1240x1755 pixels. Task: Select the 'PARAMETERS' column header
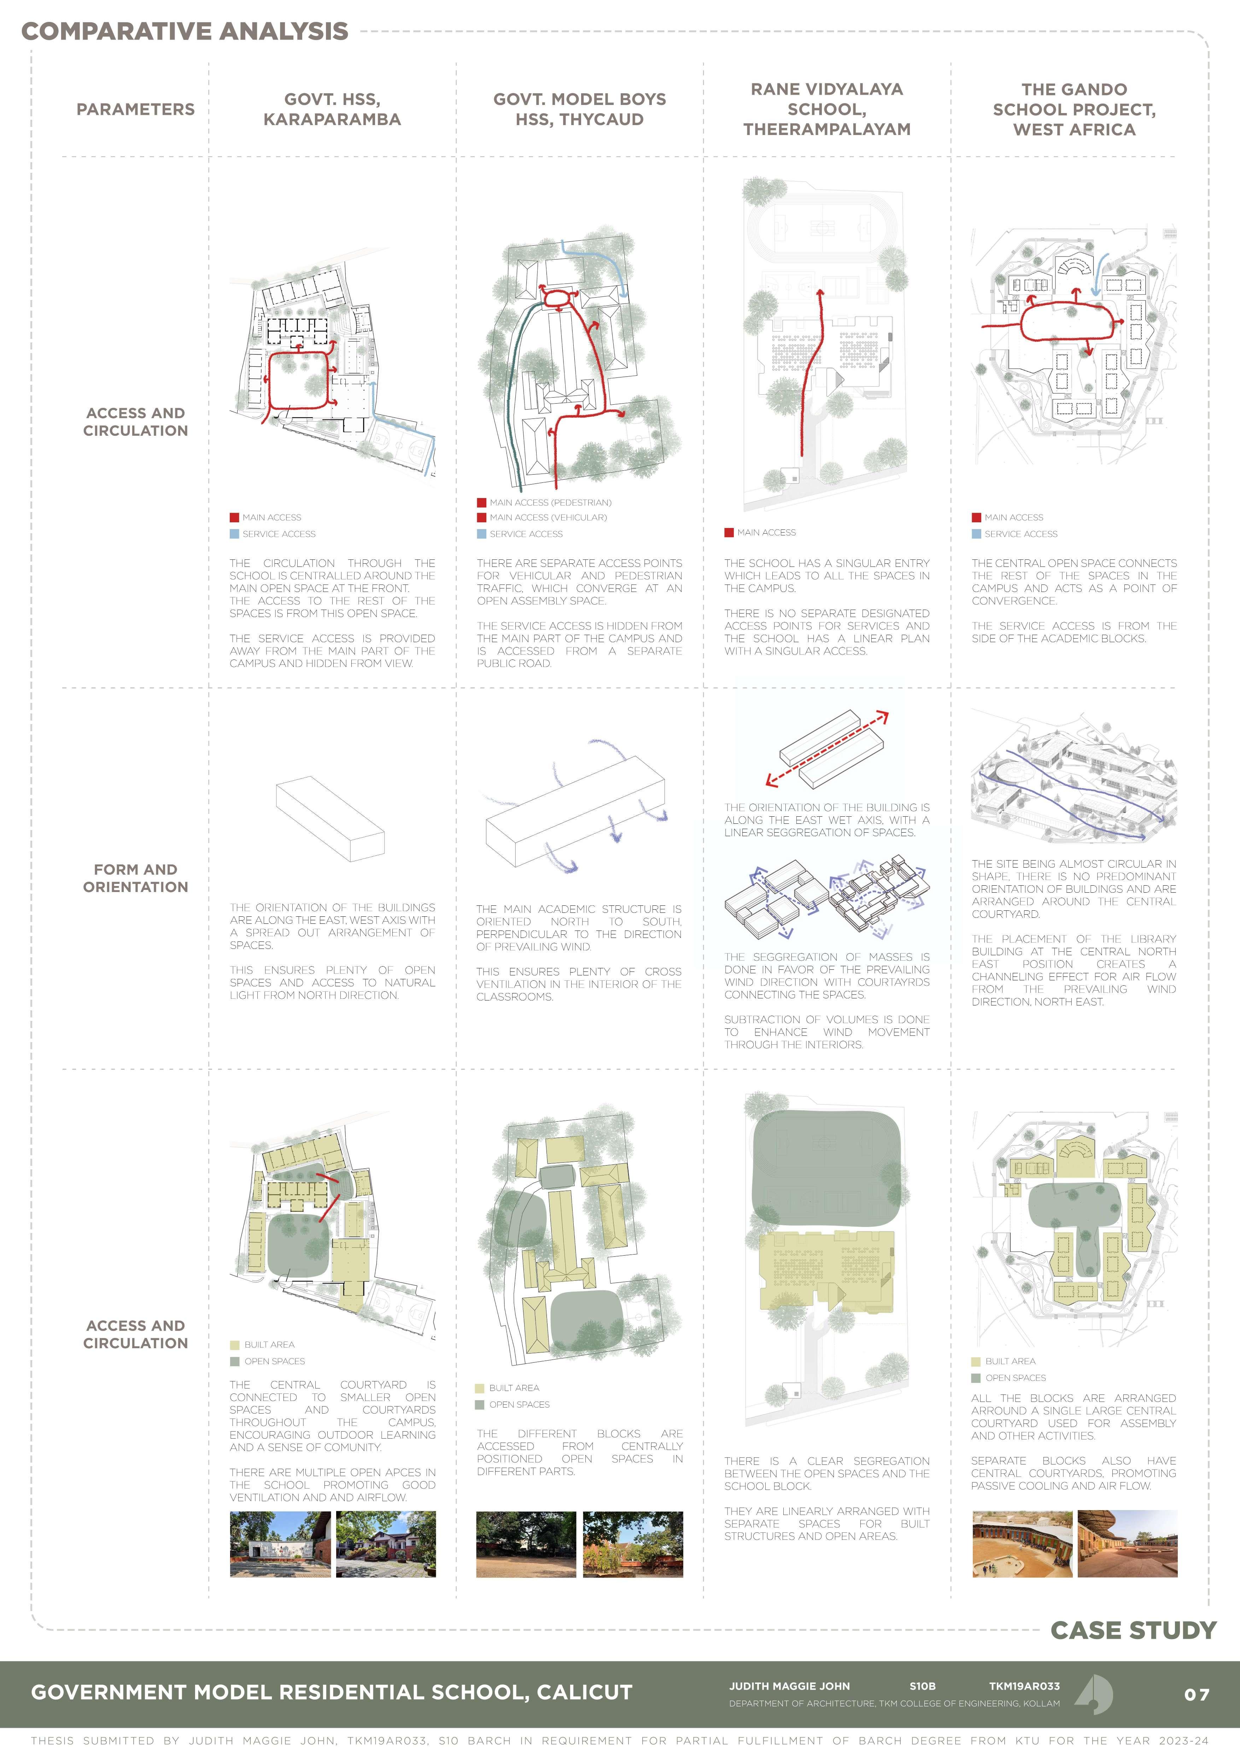pos(135,109)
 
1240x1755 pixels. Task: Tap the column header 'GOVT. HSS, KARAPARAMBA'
pos(332,109)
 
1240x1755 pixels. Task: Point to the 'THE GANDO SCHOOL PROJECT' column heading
pos(1074,109)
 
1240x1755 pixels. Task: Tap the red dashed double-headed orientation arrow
pos(827,749)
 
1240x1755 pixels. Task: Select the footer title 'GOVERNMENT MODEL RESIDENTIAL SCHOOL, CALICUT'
pos(332,1692)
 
